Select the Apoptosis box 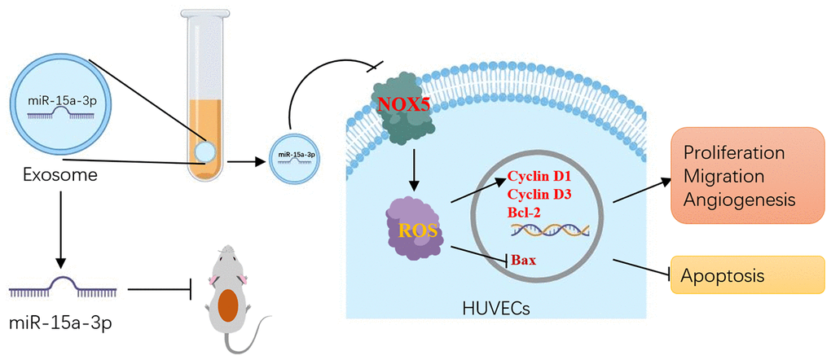pyautogui.click(x=741, y=275)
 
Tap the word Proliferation pyautogui.click(x=734, y=153)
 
